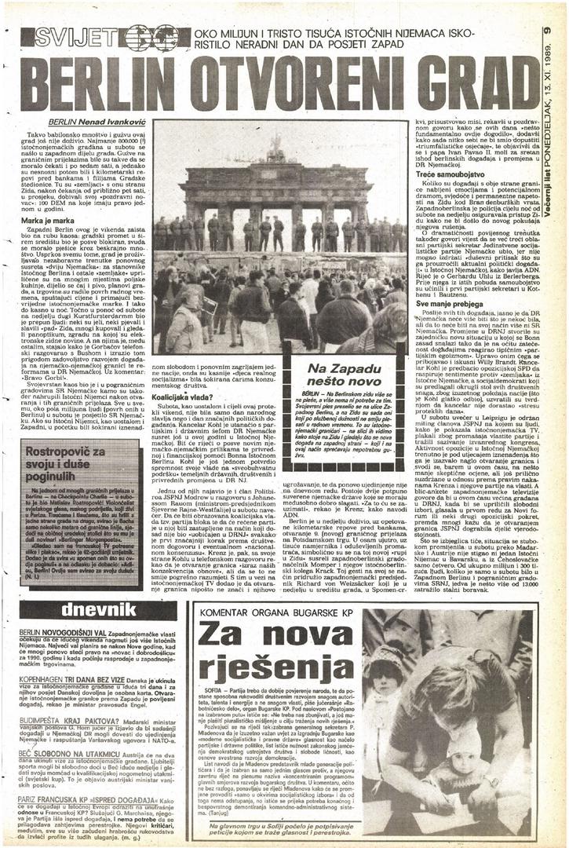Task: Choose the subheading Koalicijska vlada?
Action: point(179,397)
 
